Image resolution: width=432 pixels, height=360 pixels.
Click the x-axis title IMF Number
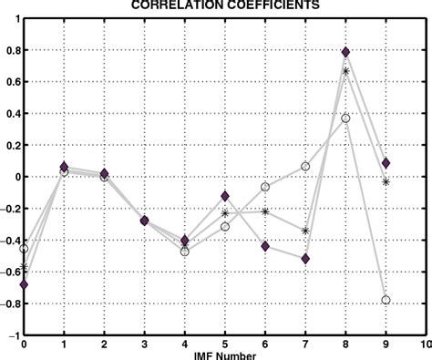coord(224,355)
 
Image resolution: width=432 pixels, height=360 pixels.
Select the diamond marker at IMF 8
coord(345,52)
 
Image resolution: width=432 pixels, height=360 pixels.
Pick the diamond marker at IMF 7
coord(305,259)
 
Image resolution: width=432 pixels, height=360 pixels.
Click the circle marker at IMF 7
coord(305,167)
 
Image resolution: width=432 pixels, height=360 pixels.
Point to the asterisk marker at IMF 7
coord(305,231)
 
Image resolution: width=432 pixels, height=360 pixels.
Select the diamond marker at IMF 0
coord(24,285)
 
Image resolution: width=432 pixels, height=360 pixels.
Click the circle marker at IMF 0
coord(24,249)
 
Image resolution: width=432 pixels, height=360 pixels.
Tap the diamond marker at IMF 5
coord(225,196)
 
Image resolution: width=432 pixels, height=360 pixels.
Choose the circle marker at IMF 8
coord(345,118)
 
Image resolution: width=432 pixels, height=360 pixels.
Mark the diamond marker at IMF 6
coord(265,246)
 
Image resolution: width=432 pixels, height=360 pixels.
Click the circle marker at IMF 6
coord(265,187)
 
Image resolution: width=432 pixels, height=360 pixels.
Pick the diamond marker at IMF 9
coord(386,163)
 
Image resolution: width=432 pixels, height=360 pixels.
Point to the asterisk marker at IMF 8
coord(345,71)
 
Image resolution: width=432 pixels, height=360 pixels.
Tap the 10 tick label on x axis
coord(425,345)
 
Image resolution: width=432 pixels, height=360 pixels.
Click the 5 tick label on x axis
coord(225,345)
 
